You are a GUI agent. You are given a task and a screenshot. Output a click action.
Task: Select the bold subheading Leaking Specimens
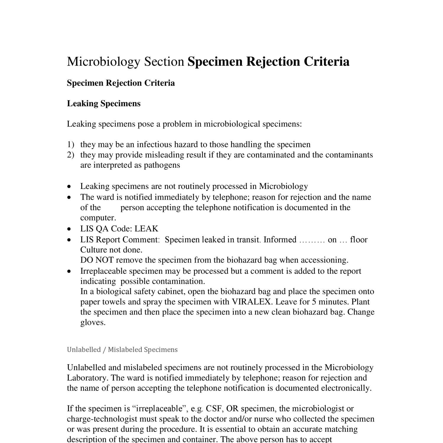(104, 104)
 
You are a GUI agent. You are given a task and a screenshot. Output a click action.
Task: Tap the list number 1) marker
(70, 144)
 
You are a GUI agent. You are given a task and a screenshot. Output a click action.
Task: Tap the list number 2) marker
(70, 155)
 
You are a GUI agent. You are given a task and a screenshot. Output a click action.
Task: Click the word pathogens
(162, 165)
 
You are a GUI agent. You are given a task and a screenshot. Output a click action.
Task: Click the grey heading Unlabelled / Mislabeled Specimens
(122, 350)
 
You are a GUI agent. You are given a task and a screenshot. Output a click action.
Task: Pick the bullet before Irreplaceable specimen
(69, 271)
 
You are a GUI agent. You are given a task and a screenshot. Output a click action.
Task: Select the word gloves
(92, 323)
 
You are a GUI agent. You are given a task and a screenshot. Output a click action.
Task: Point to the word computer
(98, 218)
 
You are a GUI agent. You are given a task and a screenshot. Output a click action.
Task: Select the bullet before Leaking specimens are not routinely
(69, 187)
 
